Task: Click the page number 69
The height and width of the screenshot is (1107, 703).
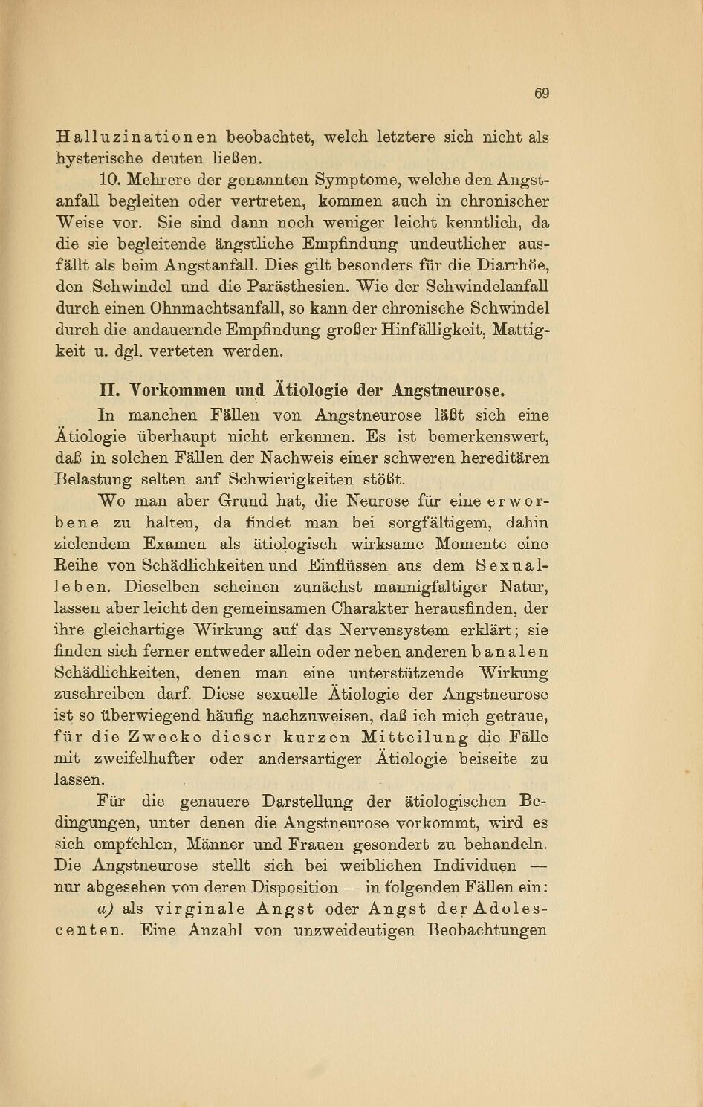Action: (x=541, y=93)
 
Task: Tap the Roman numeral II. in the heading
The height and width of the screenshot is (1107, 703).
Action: (x=110, y=391)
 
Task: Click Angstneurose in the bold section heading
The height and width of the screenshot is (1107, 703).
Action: (x=449, y=391)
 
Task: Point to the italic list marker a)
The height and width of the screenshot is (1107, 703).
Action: (x=104, y=909)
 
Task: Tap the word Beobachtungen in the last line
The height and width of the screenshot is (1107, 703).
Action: (x=487, y=930)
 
